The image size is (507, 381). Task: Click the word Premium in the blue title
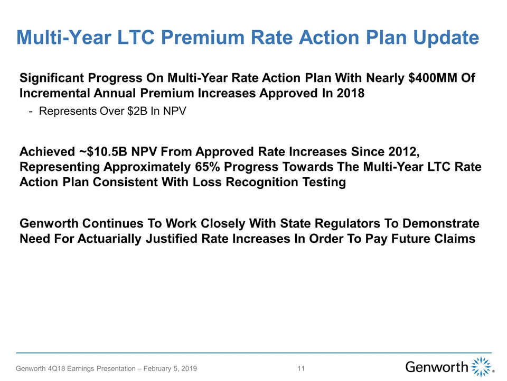[203, 37]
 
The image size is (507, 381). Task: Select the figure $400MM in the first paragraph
[433, 78]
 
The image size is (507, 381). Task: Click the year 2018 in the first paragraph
[351, 93]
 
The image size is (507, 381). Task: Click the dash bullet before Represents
[31, 112]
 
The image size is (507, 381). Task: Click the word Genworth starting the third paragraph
[49, 223]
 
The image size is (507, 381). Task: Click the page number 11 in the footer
[301, 369]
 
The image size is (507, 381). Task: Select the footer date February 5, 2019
[170, 369]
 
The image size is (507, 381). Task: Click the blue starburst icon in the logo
[481, 367]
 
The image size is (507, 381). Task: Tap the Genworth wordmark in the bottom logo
[437, 367]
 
